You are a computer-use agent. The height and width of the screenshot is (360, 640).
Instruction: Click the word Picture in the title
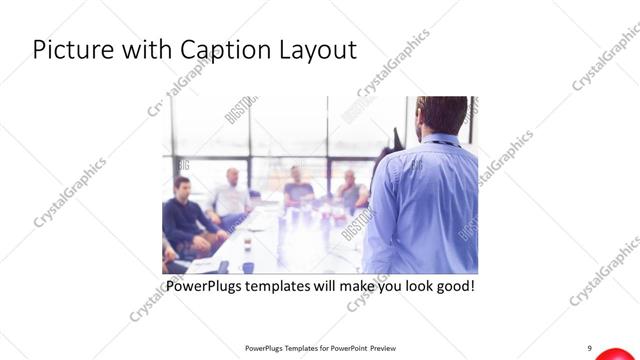66,50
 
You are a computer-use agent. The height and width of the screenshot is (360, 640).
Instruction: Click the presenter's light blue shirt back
425,210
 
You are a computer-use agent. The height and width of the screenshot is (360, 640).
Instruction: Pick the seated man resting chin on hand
350,189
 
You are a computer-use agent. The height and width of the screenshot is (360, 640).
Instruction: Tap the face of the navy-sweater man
181,189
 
